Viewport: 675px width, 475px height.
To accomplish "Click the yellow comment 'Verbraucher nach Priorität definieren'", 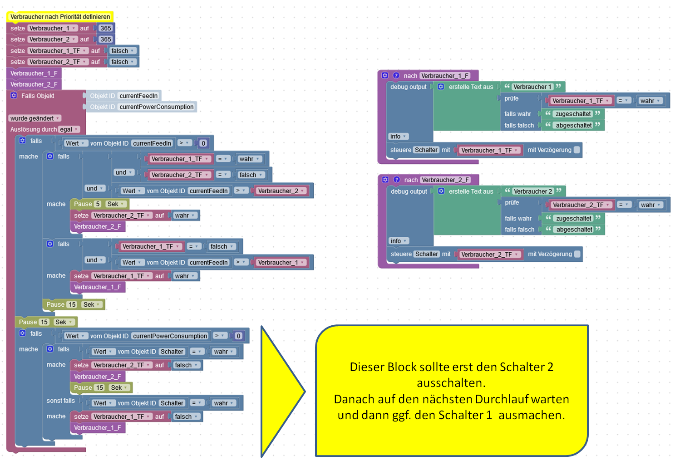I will coord(60,17).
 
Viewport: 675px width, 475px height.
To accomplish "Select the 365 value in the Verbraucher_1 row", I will coord(106,28).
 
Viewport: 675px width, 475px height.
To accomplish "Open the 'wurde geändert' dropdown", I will coord(35,118).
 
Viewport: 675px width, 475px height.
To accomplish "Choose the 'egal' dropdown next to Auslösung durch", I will coord(69,129).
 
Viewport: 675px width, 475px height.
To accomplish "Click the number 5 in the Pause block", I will coord(98,204).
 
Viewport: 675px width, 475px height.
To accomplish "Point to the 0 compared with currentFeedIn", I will coord(203,143).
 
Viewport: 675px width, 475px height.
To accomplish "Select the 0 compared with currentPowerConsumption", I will coord(238,336).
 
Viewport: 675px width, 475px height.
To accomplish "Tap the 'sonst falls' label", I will coord(60,401).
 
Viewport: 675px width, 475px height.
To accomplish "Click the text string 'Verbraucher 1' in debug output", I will coord(532,87).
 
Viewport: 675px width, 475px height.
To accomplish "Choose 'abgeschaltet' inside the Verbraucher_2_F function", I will coord(574,230).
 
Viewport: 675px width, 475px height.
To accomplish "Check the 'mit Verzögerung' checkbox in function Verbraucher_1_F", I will coord(577,150).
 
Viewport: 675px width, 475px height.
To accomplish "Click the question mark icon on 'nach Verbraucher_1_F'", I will coord(396,75).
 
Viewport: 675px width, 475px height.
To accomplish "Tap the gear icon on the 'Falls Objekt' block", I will coord(14,95).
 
